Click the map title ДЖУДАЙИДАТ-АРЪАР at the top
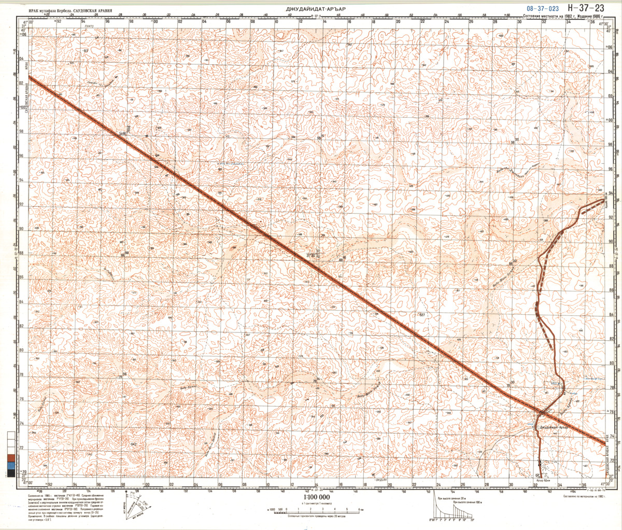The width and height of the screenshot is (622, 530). click(x=316, y=9)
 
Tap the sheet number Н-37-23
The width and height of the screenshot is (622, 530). click(x=586, y=7)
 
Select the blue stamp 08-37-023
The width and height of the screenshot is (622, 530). click(x=542, y=8)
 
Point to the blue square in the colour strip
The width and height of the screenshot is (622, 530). click(x=10, y=467)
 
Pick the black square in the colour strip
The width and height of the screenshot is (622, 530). click(x=10, y=474)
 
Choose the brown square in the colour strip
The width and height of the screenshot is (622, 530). click(x=10, y=459)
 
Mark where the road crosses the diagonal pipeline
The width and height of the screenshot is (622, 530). click(x=541, y=413)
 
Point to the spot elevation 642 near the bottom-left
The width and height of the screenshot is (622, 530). click(x=133, y=444)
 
